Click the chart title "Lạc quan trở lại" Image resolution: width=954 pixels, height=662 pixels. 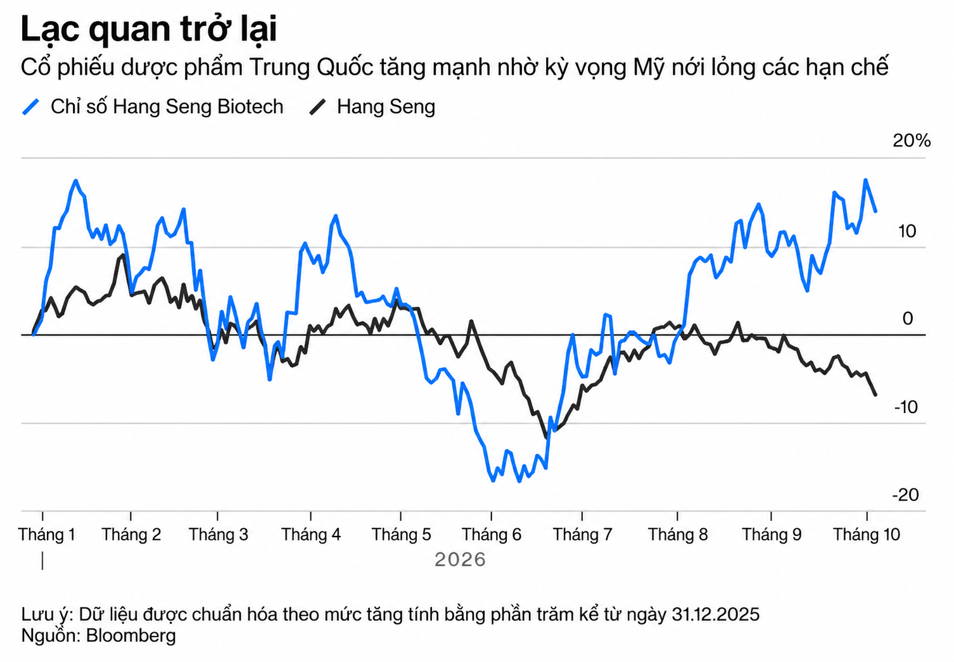(149, 30)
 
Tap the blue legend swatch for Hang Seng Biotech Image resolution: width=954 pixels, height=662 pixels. (30, 106)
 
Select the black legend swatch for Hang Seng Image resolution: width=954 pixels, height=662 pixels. (317, 106)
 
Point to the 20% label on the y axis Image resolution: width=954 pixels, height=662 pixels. (912, 141)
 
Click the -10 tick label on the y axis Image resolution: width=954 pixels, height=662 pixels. (906, 407)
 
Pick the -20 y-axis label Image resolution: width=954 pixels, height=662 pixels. (905, 495)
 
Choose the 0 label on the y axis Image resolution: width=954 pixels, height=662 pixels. (908, 319)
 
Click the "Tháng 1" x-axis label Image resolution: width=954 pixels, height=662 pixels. (47, 534)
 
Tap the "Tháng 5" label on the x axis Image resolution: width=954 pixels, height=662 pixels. (401, 534)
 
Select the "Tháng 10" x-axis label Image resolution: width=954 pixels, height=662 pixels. (867, 534)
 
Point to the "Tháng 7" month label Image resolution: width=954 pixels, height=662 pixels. (582, 534)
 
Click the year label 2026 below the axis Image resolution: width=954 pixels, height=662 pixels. (460, 560)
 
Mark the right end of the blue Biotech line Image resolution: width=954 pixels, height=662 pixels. (875, 212)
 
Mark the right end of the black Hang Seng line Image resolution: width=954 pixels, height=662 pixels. (875, 395)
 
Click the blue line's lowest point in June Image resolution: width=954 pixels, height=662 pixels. (519, 481)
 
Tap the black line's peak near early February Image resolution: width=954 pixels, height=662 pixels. (124, 255)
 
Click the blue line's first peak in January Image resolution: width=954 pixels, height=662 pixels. (76, 180)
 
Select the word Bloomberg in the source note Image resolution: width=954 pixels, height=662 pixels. (130, 635)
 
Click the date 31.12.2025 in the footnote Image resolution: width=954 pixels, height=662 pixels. (716, 614)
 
